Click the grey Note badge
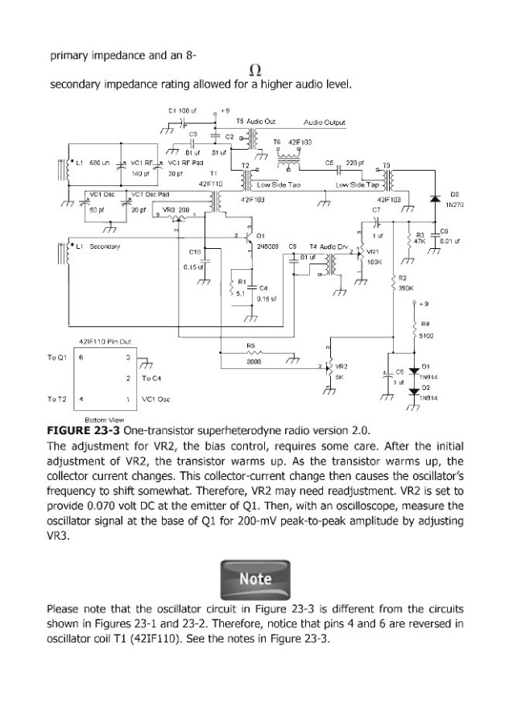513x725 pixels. click(x=256, y=578)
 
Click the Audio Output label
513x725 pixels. click(x=324, y=122)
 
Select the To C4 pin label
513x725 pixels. click(x=151, y=377)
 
